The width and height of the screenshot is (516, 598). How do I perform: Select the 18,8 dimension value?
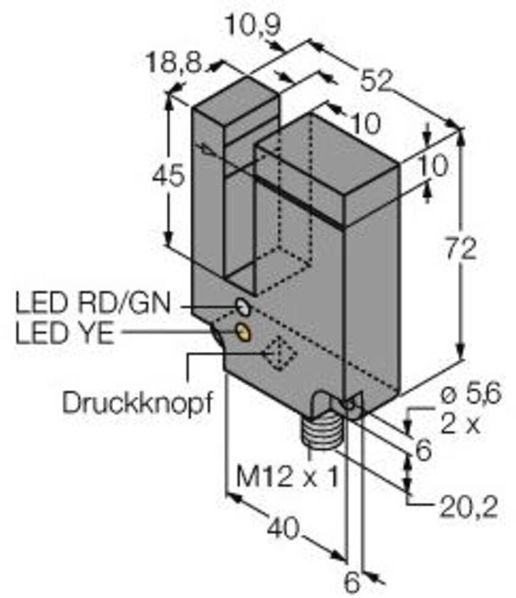[x=175, y=63]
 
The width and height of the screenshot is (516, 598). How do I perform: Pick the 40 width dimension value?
[x=284, y=529]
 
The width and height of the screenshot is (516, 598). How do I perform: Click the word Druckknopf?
[x=139, y=403]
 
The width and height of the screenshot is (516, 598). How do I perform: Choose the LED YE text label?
[x=63, y=334]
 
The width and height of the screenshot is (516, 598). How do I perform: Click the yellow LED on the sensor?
[x=244, y=332]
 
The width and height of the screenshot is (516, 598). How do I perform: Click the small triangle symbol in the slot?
[x=207, y=149]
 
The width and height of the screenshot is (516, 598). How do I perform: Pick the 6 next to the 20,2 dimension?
[x=422, y=450]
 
